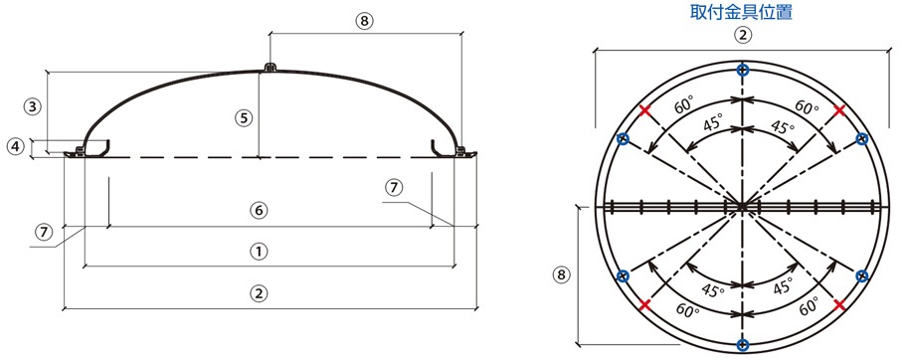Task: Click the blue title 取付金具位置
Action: [x=742, y=12]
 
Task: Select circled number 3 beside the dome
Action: [x=33, y=106]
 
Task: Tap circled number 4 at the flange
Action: [x=17, y=147]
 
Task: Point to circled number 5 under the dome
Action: [x=243, y=118]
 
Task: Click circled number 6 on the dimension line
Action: [x=260, y=211]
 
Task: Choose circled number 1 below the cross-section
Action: [x=260, y=252]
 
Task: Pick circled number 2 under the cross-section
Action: [x=260, y=293]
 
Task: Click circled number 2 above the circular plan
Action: [x=743, y=35]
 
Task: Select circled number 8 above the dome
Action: [x=364, y=21]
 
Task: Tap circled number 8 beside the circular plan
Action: [x=561, y=274]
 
